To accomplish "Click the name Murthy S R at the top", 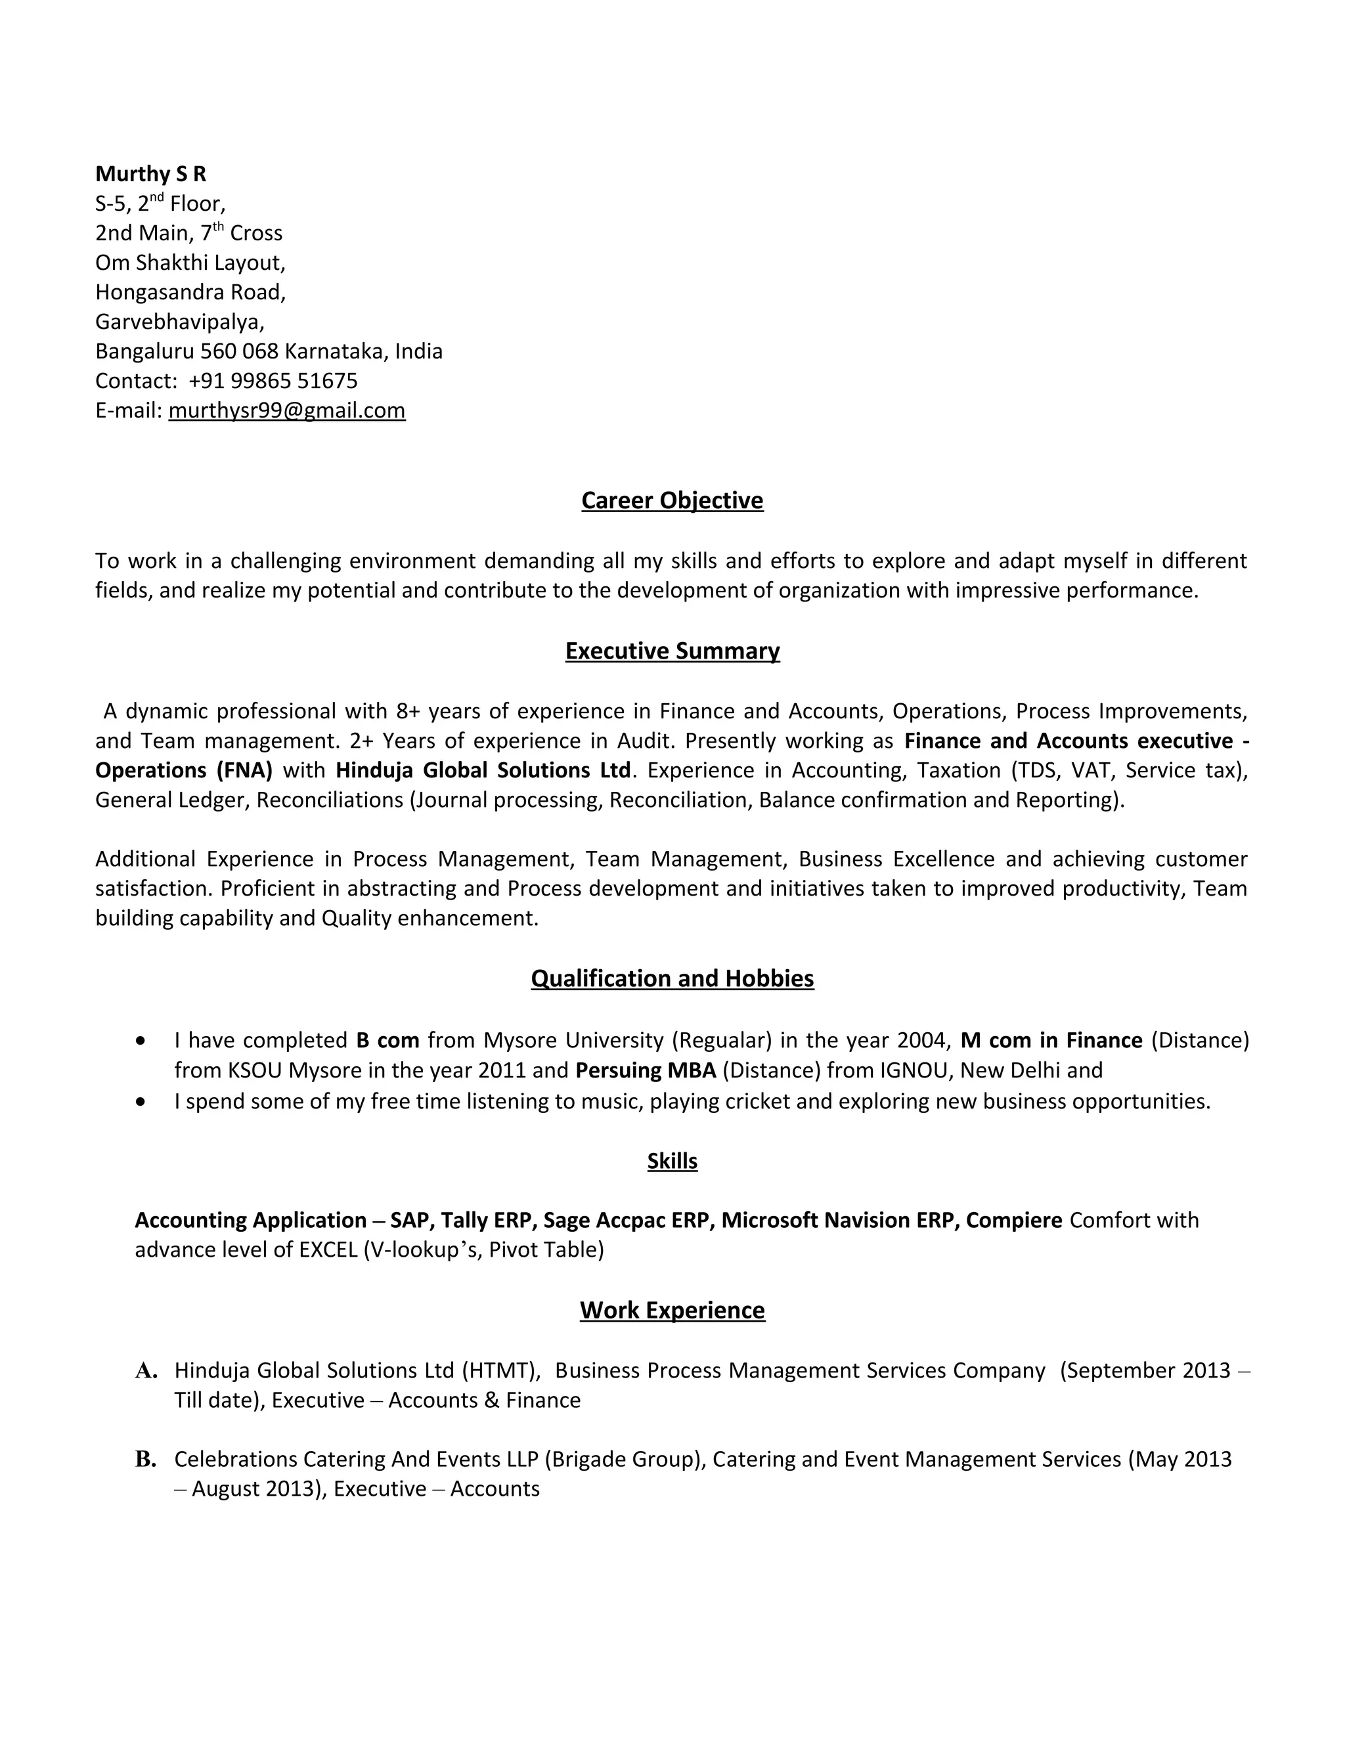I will (150, 174).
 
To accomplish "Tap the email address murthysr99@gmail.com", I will (287, 410).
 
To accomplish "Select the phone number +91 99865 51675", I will (273, 381).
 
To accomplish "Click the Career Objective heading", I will (672, 500).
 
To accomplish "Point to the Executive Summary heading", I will (672, 651).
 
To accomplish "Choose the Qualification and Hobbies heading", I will (672, 978).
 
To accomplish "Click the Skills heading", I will (672, 1161).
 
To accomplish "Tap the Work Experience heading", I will (672, 1311).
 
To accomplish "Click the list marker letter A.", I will (146, 1371).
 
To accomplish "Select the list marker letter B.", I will (146, 1460).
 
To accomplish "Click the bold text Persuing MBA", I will (646, 1070).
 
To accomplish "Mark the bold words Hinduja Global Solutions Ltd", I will (483, 770).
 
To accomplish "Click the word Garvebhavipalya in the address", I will (179, 322).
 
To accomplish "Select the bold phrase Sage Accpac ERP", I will (627, 1221).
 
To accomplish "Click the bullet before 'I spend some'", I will (141, 1102).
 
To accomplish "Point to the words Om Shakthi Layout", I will (190, 262).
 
